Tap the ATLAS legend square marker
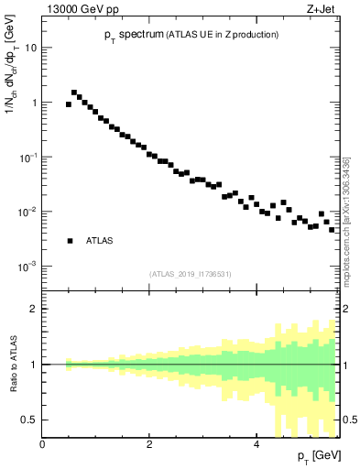point(70,241)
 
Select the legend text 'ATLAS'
point(99,241)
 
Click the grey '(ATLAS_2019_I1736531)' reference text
point(191,274)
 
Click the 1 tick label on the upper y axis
point(35,103)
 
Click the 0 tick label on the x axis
point(43,444)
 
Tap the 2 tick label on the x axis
point(149,444)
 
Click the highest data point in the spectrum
point(74,93)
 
